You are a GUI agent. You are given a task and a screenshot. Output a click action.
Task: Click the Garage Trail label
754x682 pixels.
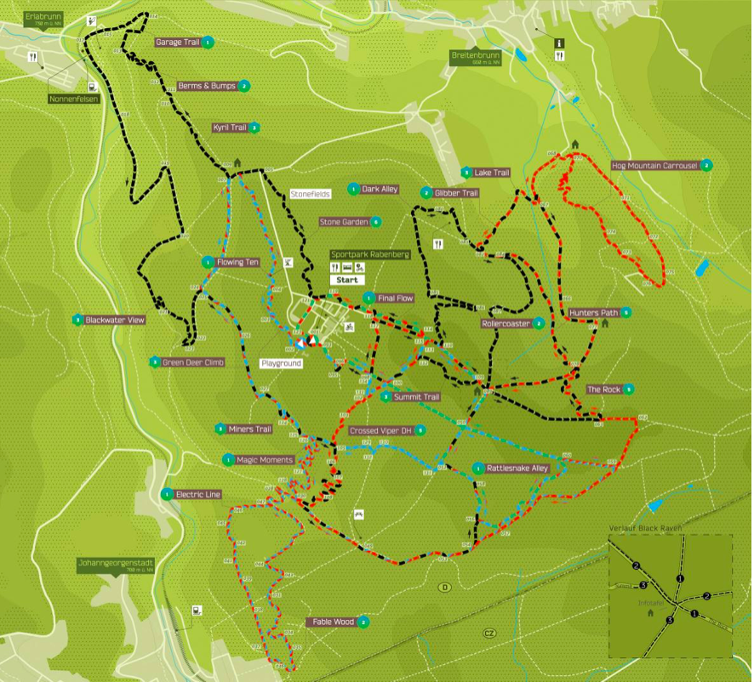point(177,42)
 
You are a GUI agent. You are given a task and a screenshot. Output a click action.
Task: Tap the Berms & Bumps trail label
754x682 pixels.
point(206,86)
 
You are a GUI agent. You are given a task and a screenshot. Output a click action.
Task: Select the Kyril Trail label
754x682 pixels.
point(229,128)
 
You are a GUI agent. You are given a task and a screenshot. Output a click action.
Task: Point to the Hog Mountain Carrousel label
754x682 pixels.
point(654,165)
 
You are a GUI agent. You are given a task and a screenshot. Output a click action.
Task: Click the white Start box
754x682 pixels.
point(347,279)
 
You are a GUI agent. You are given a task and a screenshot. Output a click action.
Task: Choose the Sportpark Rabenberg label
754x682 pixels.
point(370,254)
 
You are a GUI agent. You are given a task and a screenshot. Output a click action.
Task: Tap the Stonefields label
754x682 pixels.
point(309,194)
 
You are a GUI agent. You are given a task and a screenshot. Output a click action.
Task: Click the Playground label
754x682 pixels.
point(282,363)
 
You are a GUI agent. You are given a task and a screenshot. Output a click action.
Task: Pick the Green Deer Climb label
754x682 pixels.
point(193,362)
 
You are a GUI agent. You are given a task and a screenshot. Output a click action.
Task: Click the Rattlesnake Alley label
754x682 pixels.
point(517,468)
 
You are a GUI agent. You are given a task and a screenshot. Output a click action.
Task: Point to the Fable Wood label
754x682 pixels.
point(332,622)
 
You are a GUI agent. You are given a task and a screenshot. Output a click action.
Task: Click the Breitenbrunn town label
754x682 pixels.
point(476,56)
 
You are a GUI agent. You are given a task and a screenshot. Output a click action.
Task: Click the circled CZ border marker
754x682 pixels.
point(488,633)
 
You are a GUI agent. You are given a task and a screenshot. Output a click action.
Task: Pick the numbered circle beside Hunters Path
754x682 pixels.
point(626,313)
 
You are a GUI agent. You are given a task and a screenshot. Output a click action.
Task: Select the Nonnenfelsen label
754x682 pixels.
point(73,99)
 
